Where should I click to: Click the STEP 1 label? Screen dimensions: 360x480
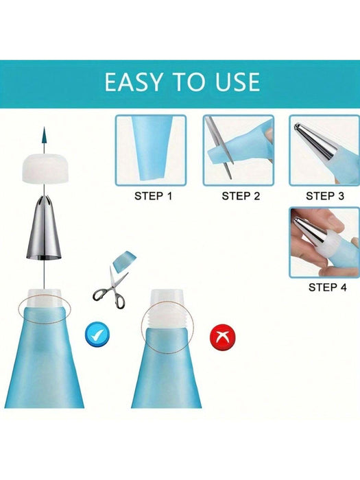tap(154, 196)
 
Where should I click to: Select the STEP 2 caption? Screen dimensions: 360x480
tap(241, 196)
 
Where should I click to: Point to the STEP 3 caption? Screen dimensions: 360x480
tap(325, 196)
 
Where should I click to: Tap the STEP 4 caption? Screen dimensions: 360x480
tap(327, 287)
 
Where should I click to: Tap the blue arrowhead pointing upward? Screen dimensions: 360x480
tap(44, 135)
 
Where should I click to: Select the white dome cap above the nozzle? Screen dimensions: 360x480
tap(45, 169)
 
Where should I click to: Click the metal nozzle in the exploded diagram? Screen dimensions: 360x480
tap(44, 228)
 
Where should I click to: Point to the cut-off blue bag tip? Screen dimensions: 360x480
tap(124, 260)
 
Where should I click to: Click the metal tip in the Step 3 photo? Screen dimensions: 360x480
tap(315, 141)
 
